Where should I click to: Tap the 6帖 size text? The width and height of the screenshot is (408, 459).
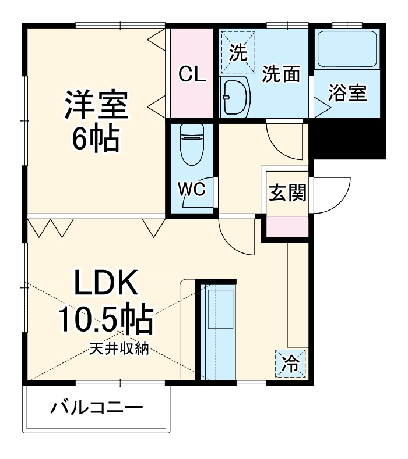(x=96, y=137)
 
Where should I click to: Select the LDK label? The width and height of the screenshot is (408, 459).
(x=105, y=285)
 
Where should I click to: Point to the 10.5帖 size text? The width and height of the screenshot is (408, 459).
(x=105, y=319)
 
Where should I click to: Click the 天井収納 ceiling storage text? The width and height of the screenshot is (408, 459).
(x=120, y=350)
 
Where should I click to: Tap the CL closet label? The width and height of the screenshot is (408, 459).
(x=192, y=74)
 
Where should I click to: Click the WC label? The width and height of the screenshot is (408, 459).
(x=191, y=190)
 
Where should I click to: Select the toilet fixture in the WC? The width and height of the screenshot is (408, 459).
(x=191, y=145)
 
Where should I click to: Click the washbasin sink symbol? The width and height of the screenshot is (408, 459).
(x=236, y=97)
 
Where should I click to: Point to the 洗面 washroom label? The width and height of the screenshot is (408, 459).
(x=281, y=74)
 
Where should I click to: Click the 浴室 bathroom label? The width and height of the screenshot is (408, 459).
(x=347, y=93)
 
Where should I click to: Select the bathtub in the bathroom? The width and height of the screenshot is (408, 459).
(x=347, y=49)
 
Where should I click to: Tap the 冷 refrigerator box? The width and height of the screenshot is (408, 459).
(x=289, y=364)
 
